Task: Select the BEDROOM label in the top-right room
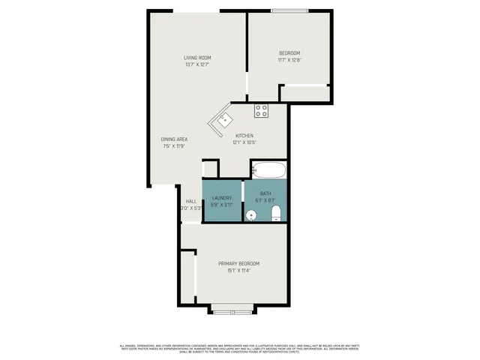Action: pos(289,52)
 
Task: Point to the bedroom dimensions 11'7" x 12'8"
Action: pos(289,60)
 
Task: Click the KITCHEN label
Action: pos(244,136)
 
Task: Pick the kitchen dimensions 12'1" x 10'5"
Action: pos(244,142)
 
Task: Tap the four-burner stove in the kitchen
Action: pos(261,111)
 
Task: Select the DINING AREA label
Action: pos(173,139)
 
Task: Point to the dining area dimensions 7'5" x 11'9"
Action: pos(173,147)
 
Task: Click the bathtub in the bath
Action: pos(268,170)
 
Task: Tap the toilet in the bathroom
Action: pos(275,215)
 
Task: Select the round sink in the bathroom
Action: pos(251,216)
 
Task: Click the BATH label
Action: pos(265,193)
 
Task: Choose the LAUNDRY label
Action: pos(222,198)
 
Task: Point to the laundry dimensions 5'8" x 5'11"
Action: pos(222,205)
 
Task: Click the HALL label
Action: pos(190,201)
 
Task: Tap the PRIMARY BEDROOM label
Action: pos(238,263)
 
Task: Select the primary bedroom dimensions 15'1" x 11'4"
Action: pos(238,271)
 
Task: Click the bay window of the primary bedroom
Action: pos(232,308)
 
